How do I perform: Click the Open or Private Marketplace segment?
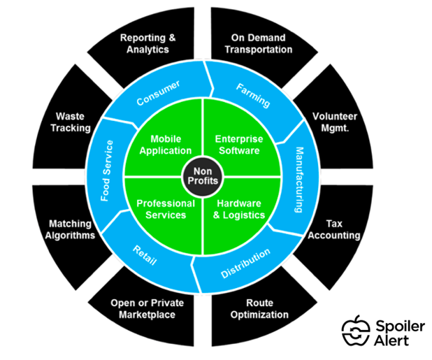143,308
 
